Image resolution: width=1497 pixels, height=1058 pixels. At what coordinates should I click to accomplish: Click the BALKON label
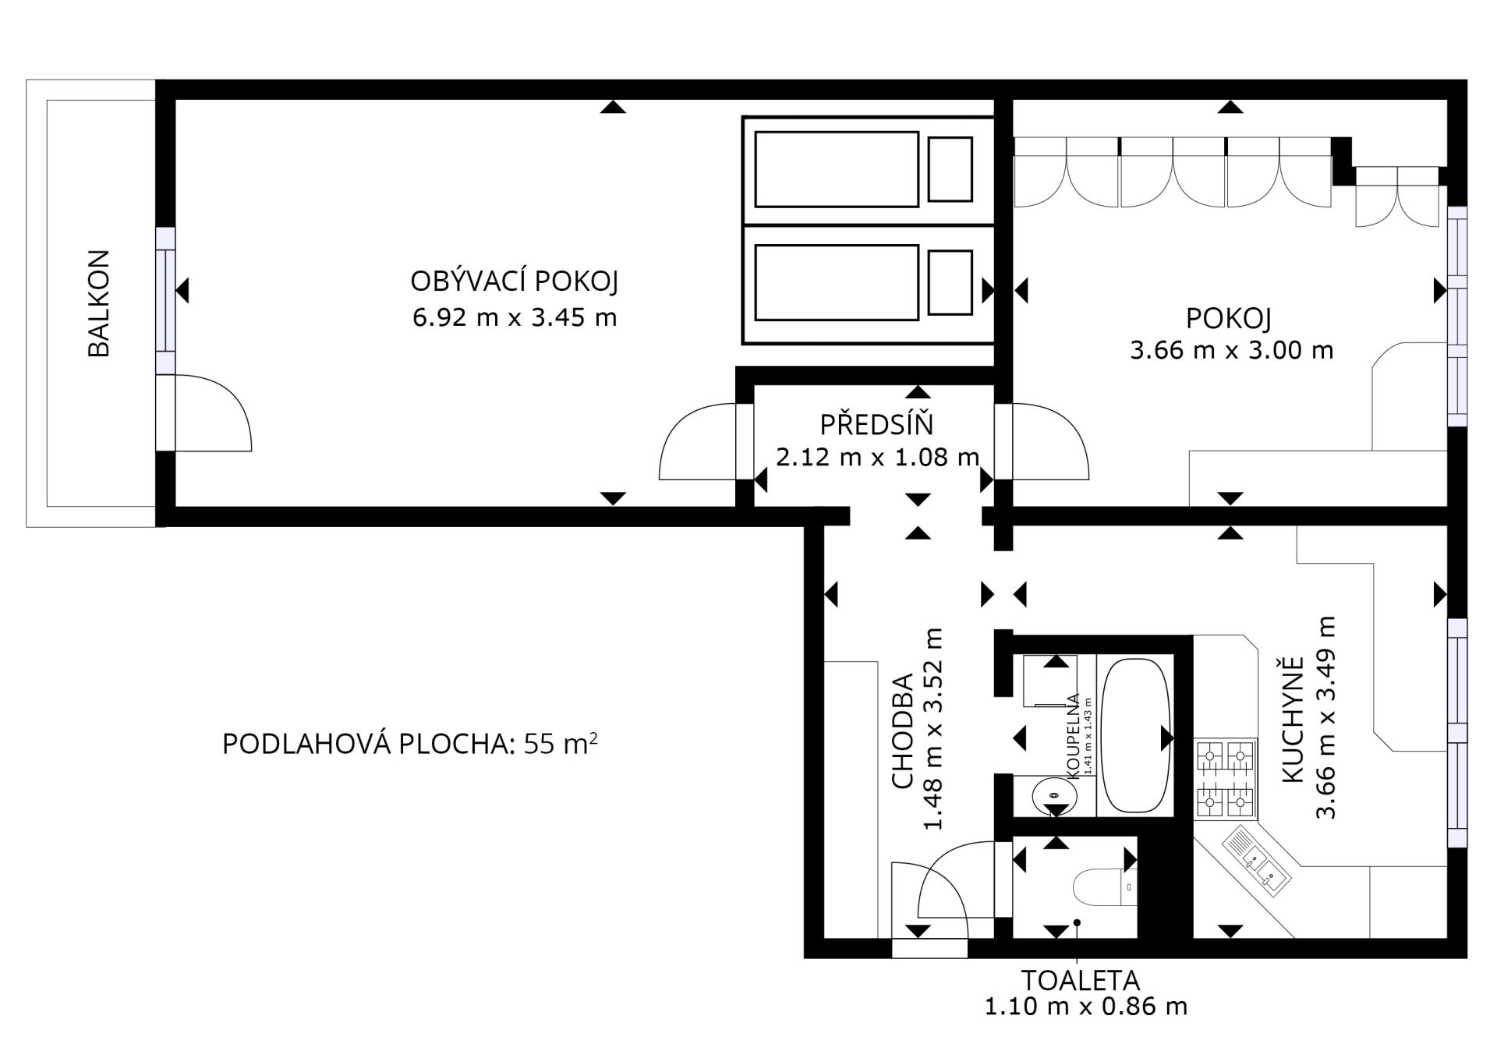coord(99,303)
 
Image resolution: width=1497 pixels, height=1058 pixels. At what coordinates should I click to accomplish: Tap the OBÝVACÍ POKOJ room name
coord(515,281)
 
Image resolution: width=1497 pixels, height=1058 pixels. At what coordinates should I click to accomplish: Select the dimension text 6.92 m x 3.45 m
coord(515,317)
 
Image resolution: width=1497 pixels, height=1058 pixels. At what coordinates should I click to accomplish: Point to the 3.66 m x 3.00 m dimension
coord(1232,350)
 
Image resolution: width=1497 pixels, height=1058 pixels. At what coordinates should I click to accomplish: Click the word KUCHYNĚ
coord(1292,720)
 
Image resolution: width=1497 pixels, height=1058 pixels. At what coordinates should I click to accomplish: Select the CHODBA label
coord(902,731)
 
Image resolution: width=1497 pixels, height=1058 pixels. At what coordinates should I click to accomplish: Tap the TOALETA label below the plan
coord(1081,980)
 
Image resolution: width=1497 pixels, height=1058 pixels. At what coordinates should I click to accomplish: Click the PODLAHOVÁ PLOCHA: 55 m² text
coord(410,744)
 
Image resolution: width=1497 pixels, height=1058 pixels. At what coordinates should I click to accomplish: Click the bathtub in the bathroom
coord(1135,737)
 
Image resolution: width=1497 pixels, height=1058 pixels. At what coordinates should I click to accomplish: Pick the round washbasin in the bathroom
coord(1054,796)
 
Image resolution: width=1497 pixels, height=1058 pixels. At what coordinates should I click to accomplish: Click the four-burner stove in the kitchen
coord(1225,779)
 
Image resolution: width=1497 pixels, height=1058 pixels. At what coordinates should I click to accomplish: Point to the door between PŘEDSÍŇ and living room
coord(698,441)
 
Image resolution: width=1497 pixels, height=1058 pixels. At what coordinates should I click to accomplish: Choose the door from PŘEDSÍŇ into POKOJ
coord(1049,441)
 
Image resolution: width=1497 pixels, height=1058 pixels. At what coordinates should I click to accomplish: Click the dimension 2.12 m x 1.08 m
coord(877,457)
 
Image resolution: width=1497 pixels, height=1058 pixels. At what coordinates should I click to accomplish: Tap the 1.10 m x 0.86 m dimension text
coord(1086,1007)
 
